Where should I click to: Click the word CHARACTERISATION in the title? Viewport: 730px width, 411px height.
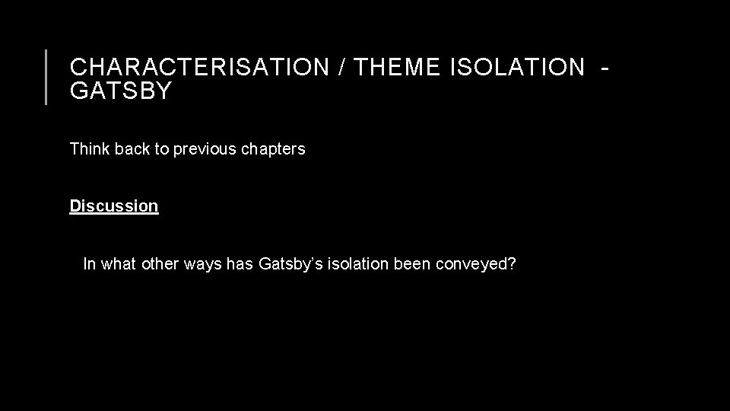point(196,67)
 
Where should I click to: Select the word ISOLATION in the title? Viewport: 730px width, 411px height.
point(517,67)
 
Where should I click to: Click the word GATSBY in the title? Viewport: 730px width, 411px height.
point(121,91)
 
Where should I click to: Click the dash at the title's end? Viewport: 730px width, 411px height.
point(605,67)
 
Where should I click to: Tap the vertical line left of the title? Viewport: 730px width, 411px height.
point(47,76)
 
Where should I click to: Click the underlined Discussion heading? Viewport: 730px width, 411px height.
point(114,205)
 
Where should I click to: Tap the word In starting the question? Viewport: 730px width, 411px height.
point(89,264)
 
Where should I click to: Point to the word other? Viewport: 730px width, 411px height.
point(159,264)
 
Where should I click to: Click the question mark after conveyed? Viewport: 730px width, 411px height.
point(511,264)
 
